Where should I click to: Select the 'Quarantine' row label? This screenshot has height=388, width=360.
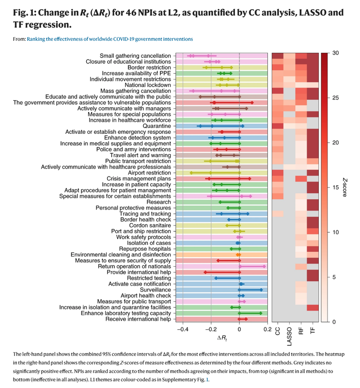click(157, 126)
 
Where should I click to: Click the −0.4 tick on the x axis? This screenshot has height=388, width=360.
click(182, 330)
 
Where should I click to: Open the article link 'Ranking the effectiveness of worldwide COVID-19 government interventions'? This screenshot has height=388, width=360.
click(110, 38)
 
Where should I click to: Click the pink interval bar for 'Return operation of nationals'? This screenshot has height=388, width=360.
click(252, 266)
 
